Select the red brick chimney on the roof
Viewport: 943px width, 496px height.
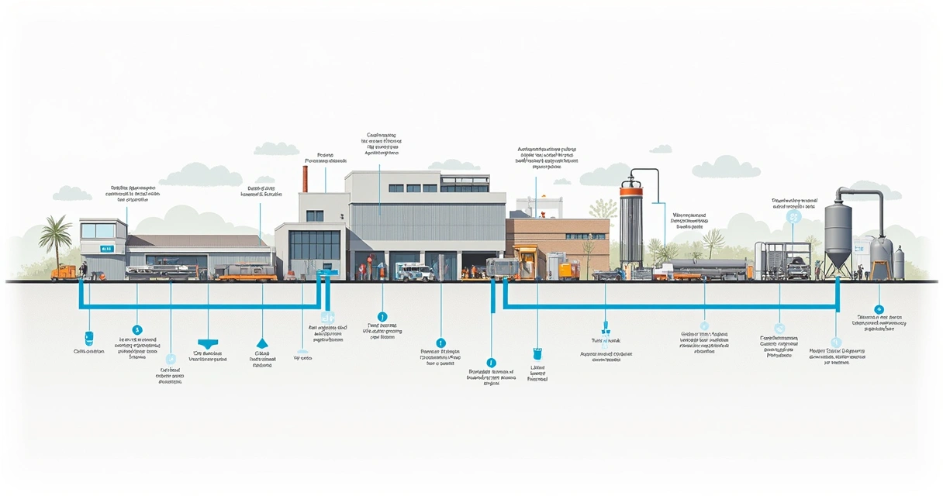306,177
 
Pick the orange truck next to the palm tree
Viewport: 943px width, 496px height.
64,273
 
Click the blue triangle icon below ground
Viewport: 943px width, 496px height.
261,343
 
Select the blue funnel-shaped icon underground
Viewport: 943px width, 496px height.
208,343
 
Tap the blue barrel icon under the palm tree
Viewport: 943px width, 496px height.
88,338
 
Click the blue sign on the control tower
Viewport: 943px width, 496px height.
106,248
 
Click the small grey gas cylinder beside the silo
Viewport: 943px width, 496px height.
899,263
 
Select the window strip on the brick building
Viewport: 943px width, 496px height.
585,236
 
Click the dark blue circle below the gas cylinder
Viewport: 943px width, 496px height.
878,309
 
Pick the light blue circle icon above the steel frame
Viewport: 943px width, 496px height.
793,218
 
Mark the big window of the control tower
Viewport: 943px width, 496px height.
98,230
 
